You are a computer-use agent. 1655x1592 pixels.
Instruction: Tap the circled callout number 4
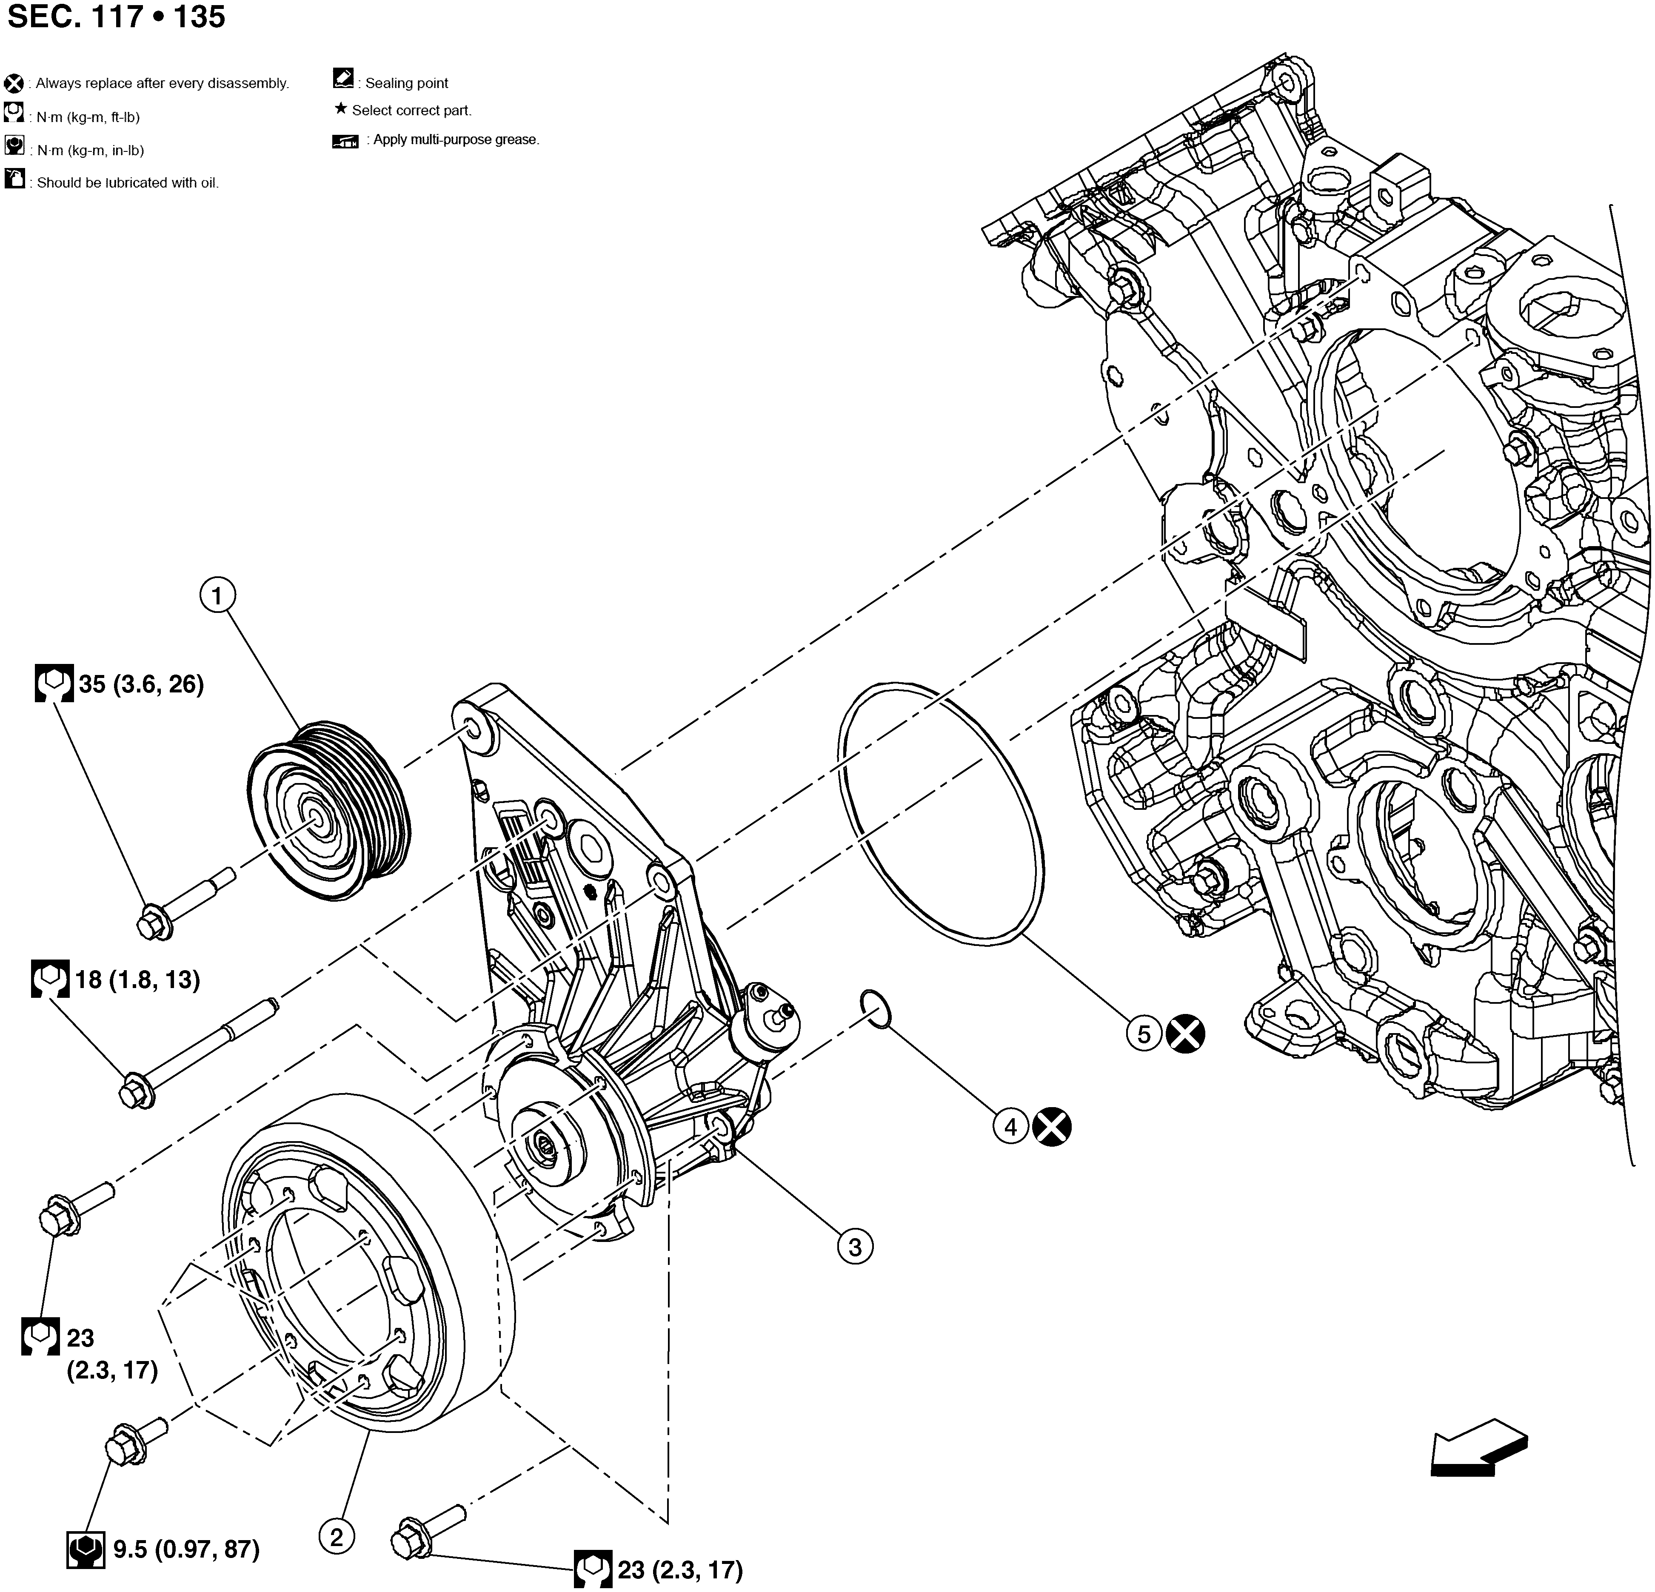pos(1011,1126)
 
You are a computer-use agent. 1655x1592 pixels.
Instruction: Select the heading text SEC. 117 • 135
pos(117,17)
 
